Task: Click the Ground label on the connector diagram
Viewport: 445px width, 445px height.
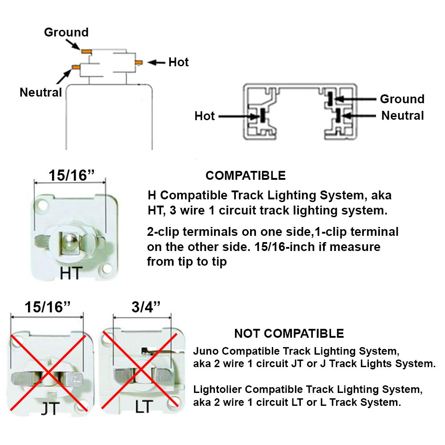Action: point(66,32)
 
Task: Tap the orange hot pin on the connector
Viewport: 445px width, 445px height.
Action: point(139,62)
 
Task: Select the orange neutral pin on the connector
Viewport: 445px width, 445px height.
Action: point(75,67)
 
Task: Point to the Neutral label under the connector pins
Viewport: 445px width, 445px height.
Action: point(40,93)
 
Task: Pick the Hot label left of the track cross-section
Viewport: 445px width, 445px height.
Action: point(205,116)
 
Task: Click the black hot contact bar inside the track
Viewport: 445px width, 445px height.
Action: point(262,116)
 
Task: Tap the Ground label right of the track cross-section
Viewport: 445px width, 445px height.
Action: point(402,99)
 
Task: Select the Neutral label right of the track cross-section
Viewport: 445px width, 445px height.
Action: point(403,116)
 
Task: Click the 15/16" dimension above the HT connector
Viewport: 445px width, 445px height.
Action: point(70,175)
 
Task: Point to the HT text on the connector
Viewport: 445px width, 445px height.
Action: point(71,273)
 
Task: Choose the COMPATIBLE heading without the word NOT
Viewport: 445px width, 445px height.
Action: point(245,175)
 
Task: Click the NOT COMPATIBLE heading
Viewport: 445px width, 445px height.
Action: point(289,333)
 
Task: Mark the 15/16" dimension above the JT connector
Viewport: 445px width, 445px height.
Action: point(47,307)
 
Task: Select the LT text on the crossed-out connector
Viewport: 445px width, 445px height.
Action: point(141,406)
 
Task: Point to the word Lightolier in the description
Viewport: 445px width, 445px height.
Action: point(218,390)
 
